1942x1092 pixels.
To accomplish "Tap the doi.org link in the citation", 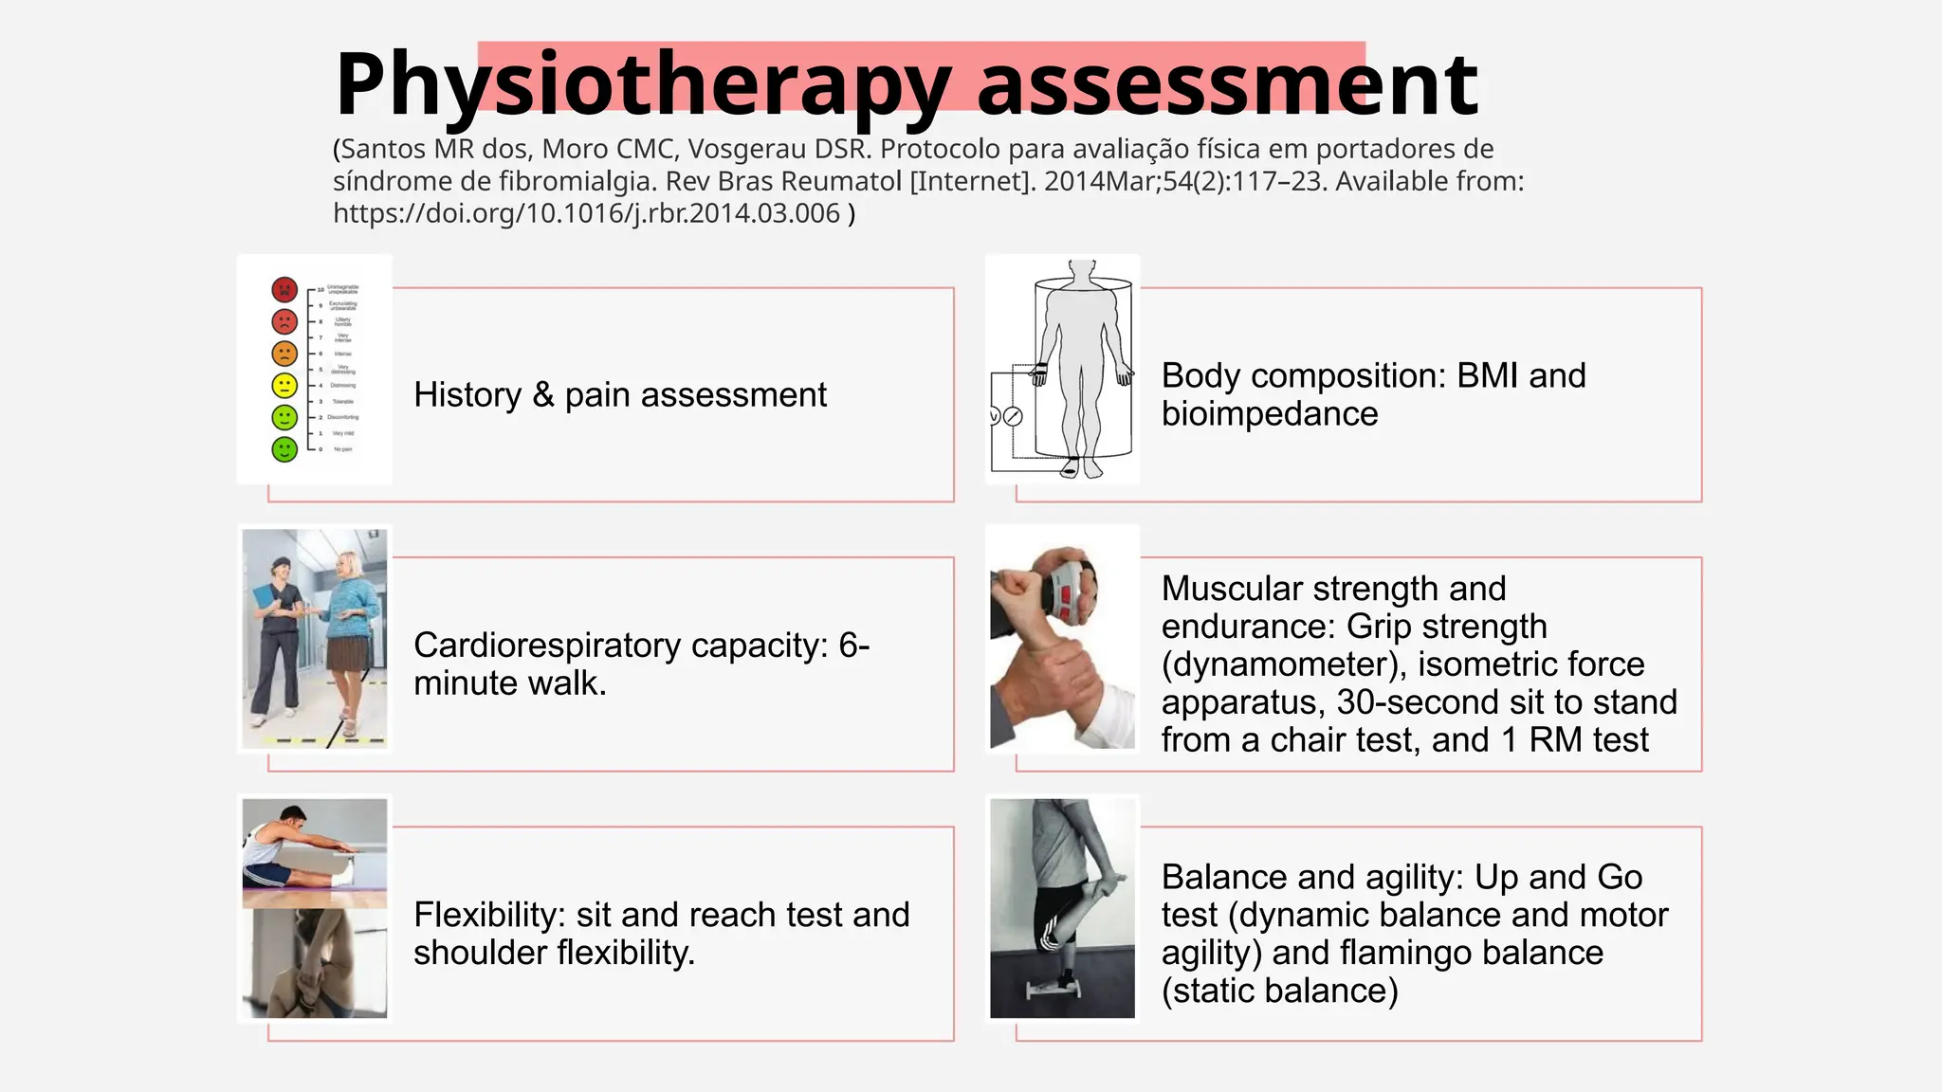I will point(586,213).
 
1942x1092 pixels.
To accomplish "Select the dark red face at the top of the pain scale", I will point(284,289).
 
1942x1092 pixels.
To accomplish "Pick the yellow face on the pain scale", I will point(284,385).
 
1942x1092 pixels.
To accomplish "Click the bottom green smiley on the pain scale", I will point(284,448).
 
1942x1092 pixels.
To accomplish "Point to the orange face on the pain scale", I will point(284,354).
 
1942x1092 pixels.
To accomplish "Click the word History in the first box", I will point(467,394).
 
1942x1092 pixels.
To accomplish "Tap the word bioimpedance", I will point(1270,414).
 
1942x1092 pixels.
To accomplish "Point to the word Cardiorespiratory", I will point(547,646).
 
